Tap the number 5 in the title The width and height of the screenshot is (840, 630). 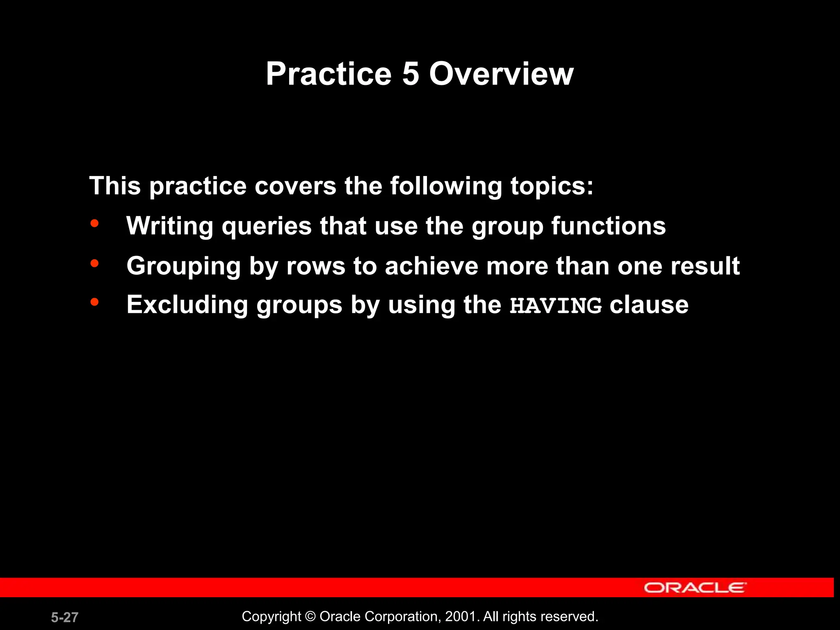pyautogui.click(x=411, y=74)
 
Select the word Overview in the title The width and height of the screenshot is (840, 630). pyautogui.click(x=501, y=74)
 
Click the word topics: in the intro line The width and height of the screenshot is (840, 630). pyautogui.click(x=552, y=186)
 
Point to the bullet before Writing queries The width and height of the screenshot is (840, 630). pyautogui.click(x=95, y=224)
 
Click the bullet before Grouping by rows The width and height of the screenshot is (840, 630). pyautogui.click(x=95, y=263)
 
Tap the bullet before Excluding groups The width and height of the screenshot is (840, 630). pyautogui.click(x=95, y=302)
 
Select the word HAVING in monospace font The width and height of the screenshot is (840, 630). pyautogui.click(x=555, y=306)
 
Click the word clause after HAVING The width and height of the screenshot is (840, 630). pyautogui.click(x=649, y=305)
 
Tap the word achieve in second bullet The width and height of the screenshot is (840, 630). pyautogui.click(x=431, y=266)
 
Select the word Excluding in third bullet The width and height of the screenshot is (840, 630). pyautogui.click(x=187, y=305)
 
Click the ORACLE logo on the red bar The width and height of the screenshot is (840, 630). pyautogui.click(x=695, y=587)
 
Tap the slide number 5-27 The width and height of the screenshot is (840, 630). pyautogui.click(x=64, y=617)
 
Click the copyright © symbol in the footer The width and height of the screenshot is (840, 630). pyautogui.click(x=310, y=616)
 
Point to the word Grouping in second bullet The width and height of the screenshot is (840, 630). pyautogui.click(x=183, y=267)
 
